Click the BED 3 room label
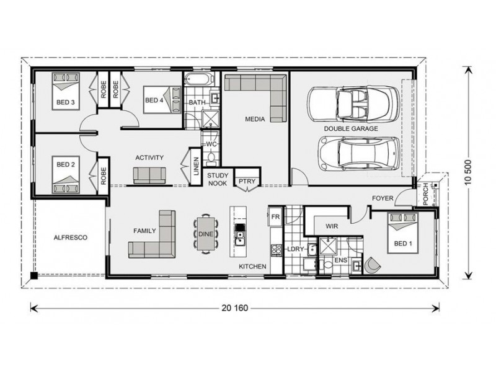click(66, 102)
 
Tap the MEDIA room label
click(255, 119)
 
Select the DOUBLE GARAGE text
click(351, 129)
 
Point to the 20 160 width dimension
click(235, 308)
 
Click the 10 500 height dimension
click(469, 172)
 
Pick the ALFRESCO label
click(70, 237)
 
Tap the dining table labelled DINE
click(206, 234)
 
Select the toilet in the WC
click(211, 159)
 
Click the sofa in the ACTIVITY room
click(149, 175)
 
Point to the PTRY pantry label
click(247, 182)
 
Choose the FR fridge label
click(275, 217)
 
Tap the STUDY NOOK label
click(218, 179)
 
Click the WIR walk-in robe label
click(332, 226)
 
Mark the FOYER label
click(383, 198)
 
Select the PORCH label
click(425, 193)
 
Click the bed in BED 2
click(66, 174)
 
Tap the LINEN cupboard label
click(197, 166)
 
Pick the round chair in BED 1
click(373, 265)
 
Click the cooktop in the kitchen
click(276, 250)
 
